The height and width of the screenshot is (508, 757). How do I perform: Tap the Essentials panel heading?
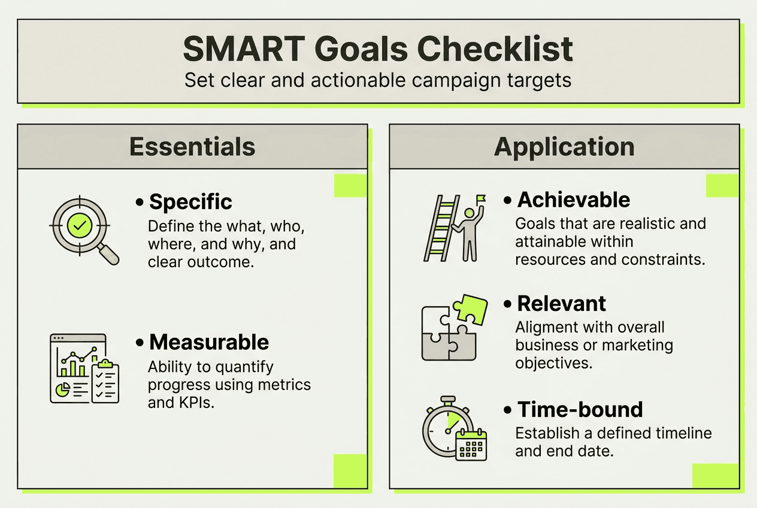(192, 147)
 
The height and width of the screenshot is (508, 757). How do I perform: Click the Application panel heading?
(564, 147)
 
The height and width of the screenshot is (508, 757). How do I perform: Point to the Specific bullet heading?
(190, 202)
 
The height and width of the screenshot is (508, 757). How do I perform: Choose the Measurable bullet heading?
(209, 342)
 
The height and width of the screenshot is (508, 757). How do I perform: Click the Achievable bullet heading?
(574, 199)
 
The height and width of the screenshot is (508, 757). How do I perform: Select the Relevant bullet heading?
(562, 304)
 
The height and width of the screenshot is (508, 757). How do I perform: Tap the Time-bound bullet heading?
(580, 410)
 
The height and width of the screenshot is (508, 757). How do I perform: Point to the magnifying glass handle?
(107, 254)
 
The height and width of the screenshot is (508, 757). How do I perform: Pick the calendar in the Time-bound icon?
(471, 445)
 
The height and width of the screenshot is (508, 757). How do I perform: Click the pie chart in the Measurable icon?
(61, 389)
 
